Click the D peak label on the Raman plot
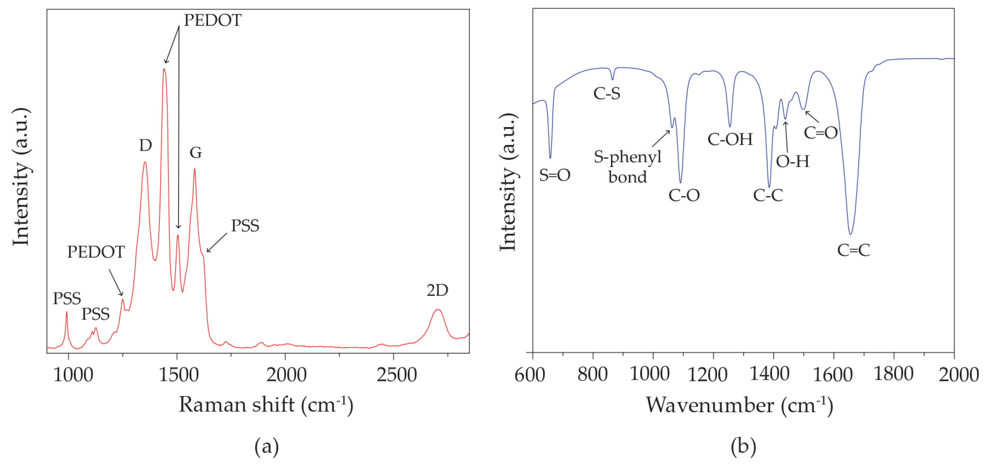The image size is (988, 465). pyautogui.click(x=145, y=146)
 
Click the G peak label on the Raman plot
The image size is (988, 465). pyautogui.click(x=196, y=153)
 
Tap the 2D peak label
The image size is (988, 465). pyautogui.click(x=437, y=290)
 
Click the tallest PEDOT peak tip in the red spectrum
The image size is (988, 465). pyautogui.click(x=164, y=69)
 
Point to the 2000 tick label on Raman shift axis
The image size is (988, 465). pyautogui.click(x=286, y=374)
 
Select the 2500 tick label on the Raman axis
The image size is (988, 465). pyautogui.click(x=396, y=374)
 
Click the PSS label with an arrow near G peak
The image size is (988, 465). pyautogui.click(x=245, y=226)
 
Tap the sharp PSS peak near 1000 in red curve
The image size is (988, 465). pyautogui.click(x=67, y=312)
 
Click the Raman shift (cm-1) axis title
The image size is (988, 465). pyautogui.click(x=266, y=405)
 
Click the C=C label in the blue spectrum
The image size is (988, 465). pyautogui.click(x=853, y=250)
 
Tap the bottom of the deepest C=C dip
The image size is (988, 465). pyautogui.click(x=850, y=234)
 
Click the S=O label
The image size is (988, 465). pyautogui.click(x=555, y=175)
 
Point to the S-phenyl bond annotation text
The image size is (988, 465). pyautogui.click(x=627, y=167)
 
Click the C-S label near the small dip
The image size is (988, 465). pyautogui.click(x=606, y=93)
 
